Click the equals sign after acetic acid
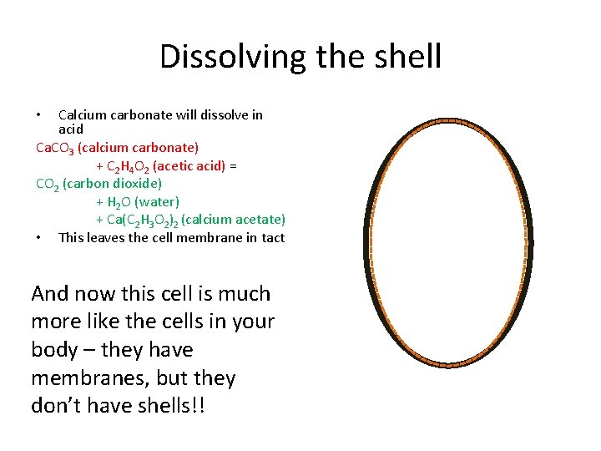(233, 165)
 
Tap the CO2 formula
(47, 184)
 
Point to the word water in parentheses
(157, 201)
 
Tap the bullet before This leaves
(39, 238)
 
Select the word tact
(272, 237)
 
